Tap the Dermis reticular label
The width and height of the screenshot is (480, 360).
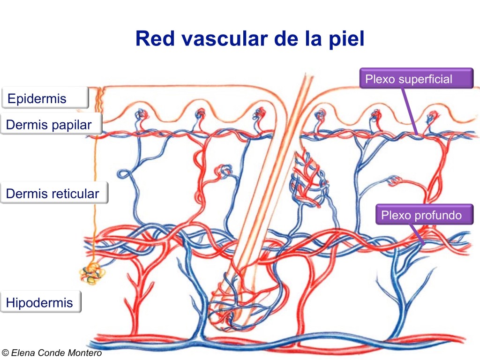point(53,194)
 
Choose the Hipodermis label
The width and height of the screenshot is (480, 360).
point(40,302)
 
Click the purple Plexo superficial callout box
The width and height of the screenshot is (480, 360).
point(416,79)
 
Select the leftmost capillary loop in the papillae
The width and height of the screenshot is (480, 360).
point(141,114)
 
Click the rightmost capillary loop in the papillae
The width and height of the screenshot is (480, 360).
point(433,115)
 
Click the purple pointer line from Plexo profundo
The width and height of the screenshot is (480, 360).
point(418,234)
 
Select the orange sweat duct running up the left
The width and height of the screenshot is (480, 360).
point(95,197)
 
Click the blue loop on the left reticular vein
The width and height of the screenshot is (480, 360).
point(124,175)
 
